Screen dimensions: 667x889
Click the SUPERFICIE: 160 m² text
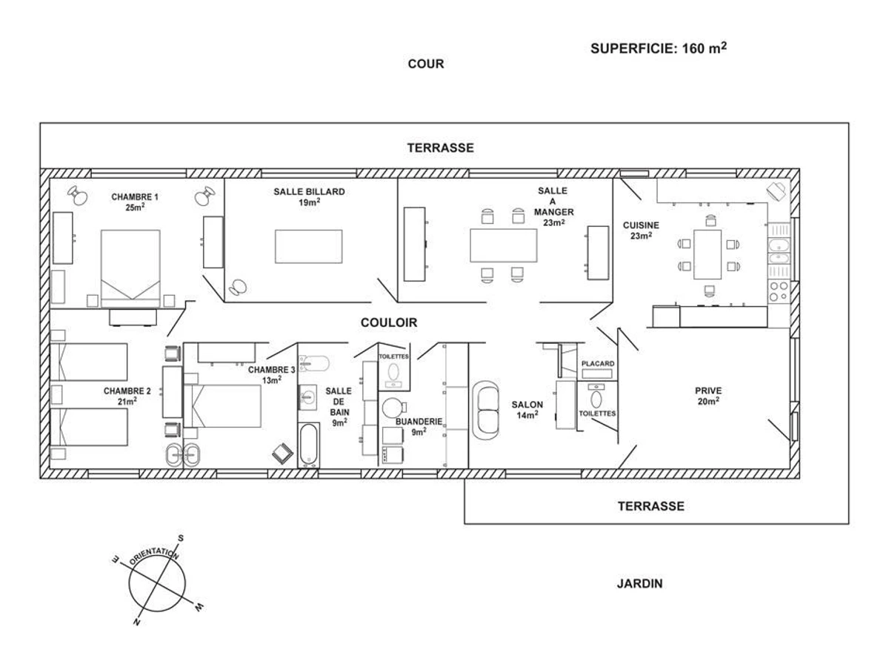tap(658, 48)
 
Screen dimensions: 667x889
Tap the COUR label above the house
tap(426, 64)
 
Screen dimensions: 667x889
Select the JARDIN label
tap(639, 584)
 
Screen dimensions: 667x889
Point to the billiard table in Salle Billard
tap(308, 246)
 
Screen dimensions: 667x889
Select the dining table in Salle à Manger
tap(503, 245)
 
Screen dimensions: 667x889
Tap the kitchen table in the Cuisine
tap(707, 253)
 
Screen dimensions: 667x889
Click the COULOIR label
tap(389, 323)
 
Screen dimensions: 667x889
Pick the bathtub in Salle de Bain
tap(308, 445)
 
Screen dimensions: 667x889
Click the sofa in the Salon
tap(488, 409)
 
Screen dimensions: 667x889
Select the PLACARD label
tap(597, 364)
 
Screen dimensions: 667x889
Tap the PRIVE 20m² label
tap(707, 396)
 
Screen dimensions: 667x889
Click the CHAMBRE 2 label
tap(127, 396)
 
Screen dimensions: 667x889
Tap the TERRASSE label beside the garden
tap(650, 507)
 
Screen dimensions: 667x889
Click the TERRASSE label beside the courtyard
tap(440, 148)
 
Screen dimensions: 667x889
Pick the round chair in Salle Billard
tap(239, 285)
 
